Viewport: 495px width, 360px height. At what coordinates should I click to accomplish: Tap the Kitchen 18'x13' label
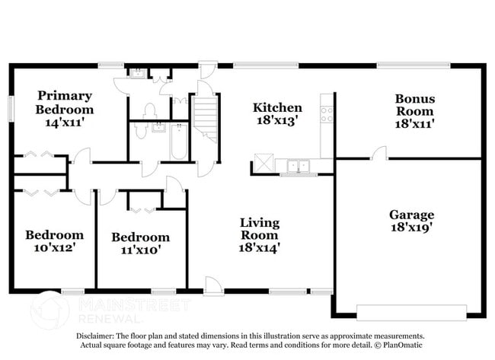coord(277,113)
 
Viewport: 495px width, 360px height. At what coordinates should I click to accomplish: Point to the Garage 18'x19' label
coord(411,221)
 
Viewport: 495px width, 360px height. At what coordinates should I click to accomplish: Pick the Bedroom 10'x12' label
coord(53,241)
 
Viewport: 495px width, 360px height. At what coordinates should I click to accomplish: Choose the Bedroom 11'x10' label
coord(140,243)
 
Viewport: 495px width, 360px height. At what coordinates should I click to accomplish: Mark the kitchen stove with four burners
coord(327,115)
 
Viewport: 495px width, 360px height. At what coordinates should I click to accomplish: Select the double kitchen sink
coord(295,164)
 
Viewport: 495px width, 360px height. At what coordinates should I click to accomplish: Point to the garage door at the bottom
coord(411,312)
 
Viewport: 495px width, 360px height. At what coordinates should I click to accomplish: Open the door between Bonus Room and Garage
coord(378,154)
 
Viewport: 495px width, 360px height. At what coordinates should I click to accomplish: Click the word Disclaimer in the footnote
coord(95,336)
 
